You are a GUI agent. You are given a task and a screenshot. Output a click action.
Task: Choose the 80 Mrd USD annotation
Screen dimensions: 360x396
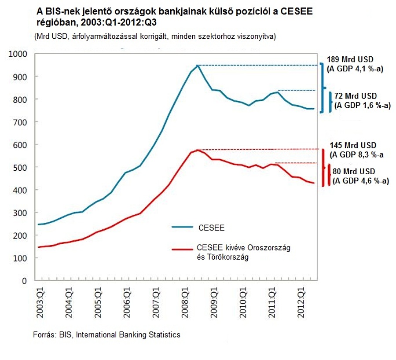point(355,172)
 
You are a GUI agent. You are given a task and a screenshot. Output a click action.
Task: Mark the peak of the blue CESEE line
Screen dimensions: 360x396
point(198,65)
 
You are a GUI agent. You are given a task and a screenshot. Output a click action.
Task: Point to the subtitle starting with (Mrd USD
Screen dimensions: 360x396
point(154,37)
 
